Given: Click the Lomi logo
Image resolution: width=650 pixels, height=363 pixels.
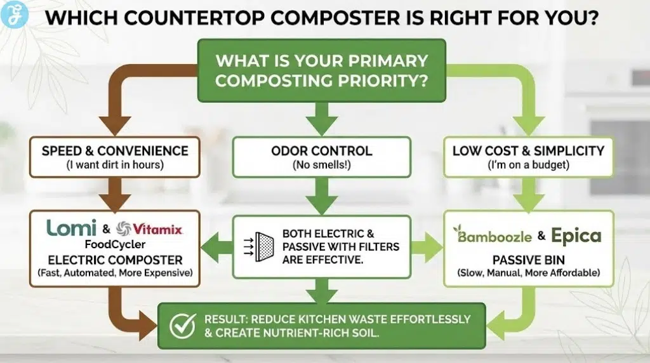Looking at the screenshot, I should [x=72, y=228].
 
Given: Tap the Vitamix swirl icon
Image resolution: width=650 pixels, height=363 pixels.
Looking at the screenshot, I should [x=126, y=228].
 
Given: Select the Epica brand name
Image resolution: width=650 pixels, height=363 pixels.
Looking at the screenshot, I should [x=576, y=235].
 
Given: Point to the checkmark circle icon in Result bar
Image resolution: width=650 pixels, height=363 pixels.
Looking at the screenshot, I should [x=182, y=326].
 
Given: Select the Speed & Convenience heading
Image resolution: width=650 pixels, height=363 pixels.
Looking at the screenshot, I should [x=115, y=151].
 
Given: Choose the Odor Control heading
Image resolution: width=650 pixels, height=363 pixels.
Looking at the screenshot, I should [x=321, y=151].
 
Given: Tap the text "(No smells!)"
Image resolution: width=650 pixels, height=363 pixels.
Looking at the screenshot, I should [x=321, y=165].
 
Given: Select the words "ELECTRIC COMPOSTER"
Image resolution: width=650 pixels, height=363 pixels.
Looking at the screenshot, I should [x=115, y=260].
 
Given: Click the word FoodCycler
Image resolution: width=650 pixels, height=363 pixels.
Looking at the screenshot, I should [x=115, y=245].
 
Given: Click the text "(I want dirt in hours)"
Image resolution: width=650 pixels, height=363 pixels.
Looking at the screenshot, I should [x=115, y=165].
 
